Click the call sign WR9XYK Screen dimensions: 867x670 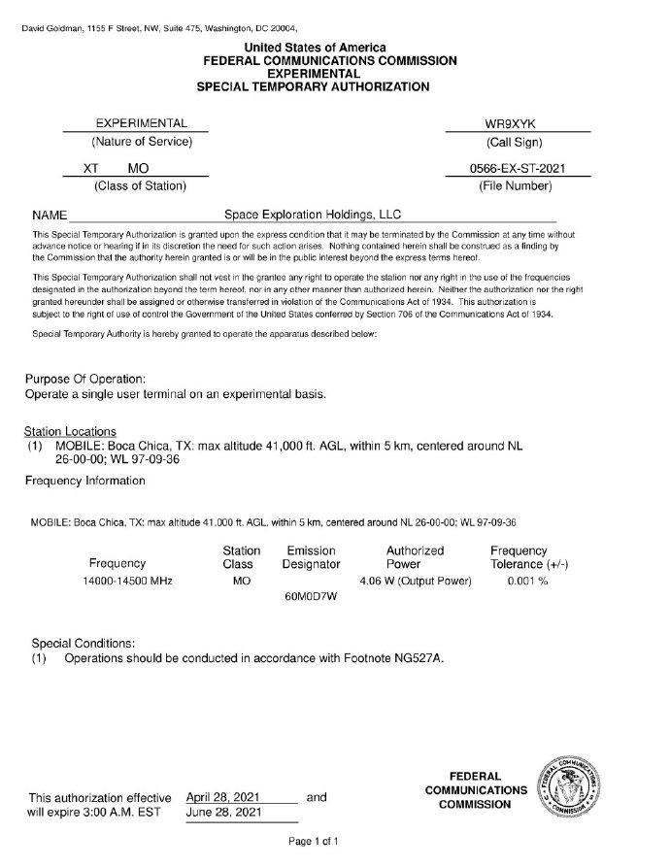[518, 123]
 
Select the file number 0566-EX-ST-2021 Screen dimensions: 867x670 [518, 169]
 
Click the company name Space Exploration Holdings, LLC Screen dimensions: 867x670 [313, 215]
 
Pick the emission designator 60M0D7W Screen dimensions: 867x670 [310, 595]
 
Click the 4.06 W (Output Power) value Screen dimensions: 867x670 [415, 581]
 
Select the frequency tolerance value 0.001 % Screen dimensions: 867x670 [528, 581]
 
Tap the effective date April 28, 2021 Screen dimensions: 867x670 [224, 797]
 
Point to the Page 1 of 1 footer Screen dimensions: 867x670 [313, 841]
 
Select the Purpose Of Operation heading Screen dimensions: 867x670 [85, 378]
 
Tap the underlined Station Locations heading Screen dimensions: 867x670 [70, 431]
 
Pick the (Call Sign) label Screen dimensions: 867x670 [519, 142]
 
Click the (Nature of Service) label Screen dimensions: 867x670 [136, 142]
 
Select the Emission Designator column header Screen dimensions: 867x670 [311, 556]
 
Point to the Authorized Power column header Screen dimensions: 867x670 [415, 556]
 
